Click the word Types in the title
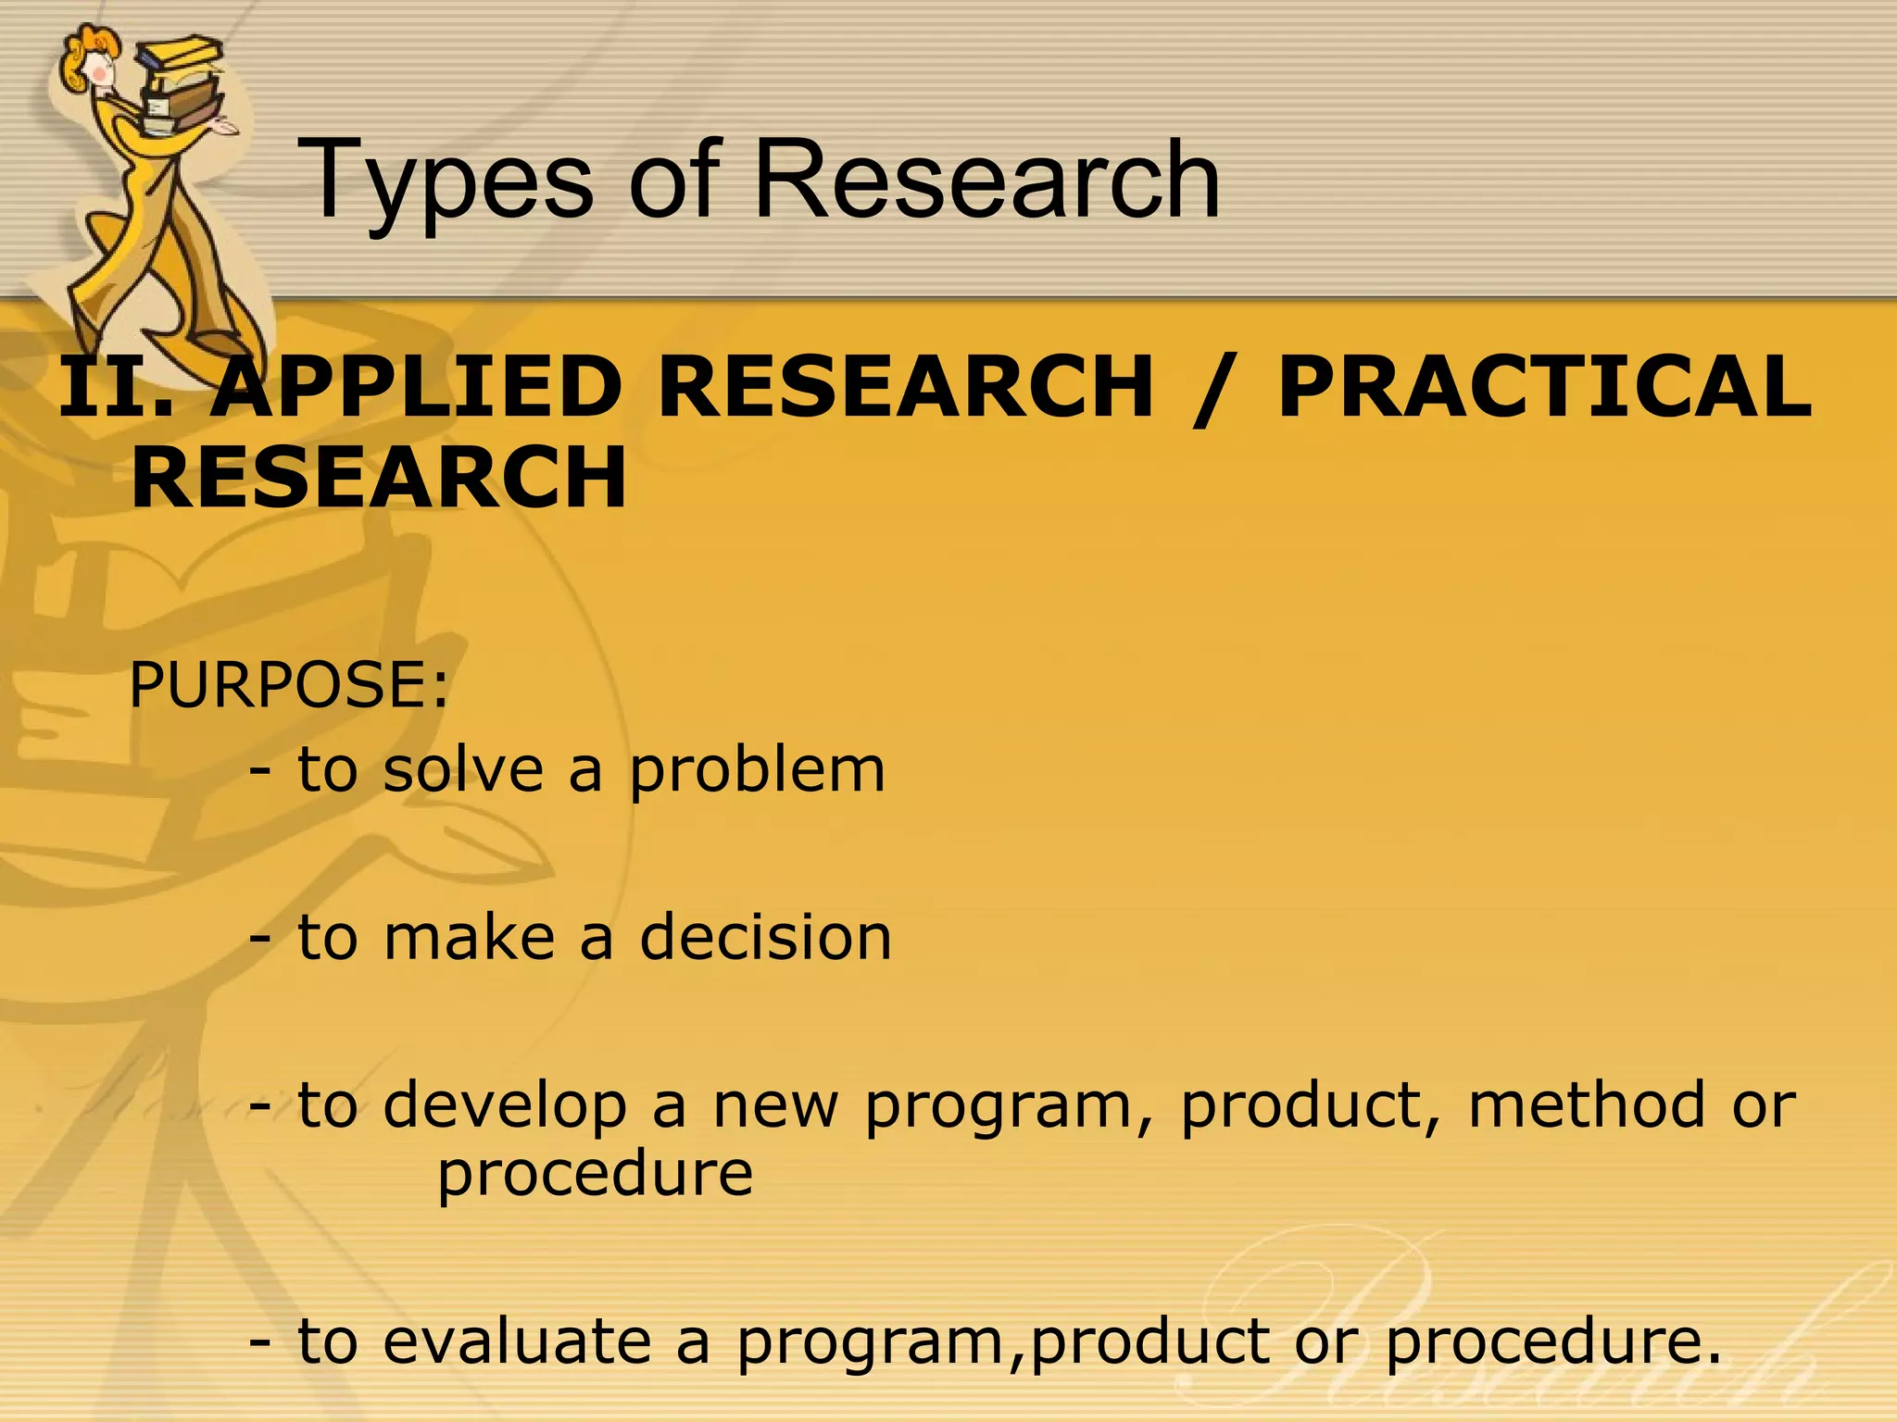coord(445,181)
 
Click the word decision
coord(765,937)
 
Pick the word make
coord(469,937)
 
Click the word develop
coord(505,1106)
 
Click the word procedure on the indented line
coord(595,1174)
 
